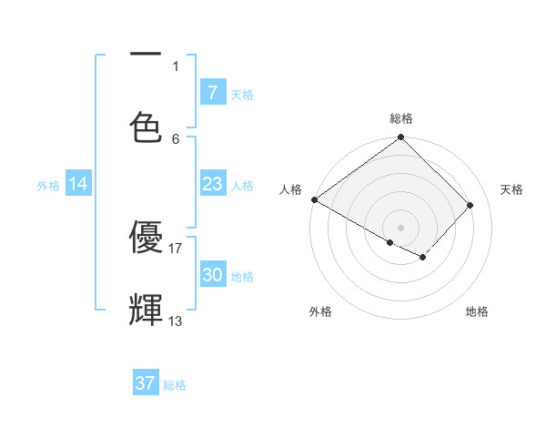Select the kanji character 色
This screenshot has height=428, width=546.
pos(146,126)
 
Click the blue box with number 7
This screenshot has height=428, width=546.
pos(212,93)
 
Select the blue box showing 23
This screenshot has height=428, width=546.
pos(212,184)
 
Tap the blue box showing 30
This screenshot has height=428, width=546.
pos(212,275)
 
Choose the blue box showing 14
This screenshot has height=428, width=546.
pos(78,184)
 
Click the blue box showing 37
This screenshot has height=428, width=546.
pos(146,383)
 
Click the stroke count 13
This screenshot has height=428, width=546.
pos(176,321)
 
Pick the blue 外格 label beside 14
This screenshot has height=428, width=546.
pos(48,185)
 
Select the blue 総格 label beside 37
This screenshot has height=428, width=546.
pos(175,384)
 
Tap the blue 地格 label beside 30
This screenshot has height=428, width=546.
pos(242,276)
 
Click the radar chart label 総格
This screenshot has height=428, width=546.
pos(401,118)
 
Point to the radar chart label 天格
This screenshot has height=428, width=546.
pos(511,189)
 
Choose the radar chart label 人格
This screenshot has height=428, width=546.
pos(290,189)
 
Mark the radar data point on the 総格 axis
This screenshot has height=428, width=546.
pos(400,138)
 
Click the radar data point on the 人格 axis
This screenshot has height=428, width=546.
pos(314,199)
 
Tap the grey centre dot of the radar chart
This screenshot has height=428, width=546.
pos(400,226)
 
